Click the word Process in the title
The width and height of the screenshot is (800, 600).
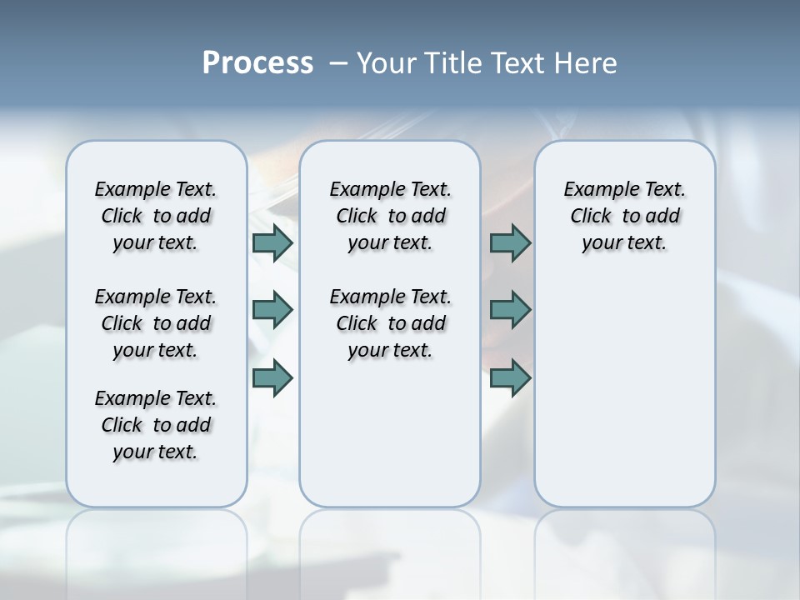coord(257,62)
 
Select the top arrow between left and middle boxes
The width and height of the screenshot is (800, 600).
coord(272,242)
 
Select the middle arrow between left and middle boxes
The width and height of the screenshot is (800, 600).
coord(272,310)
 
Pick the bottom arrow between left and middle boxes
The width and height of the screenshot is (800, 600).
coord(272,377)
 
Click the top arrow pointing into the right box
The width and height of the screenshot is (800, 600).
coord(510,242)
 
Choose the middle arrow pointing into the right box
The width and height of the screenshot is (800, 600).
coord(510,310)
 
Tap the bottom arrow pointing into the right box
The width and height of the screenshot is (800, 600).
coord(510,377)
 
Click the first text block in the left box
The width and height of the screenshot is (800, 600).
coord(156,216)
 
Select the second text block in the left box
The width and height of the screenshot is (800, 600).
coord(156,323)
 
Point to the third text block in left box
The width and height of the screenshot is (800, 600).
coord(156,425)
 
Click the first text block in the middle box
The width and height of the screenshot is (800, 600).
coord(390,216)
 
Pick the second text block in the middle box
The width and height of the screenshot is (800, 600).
coord(390,323)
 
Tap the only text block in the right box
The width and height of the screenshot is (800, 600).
coord(624,216)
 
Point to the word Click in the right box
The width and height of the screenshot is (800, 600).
coord(591,217)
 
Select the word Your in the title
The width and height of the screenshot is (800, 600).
coord(385,63)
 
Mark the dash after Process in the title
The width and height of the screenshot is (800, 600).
coord(338,63)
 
